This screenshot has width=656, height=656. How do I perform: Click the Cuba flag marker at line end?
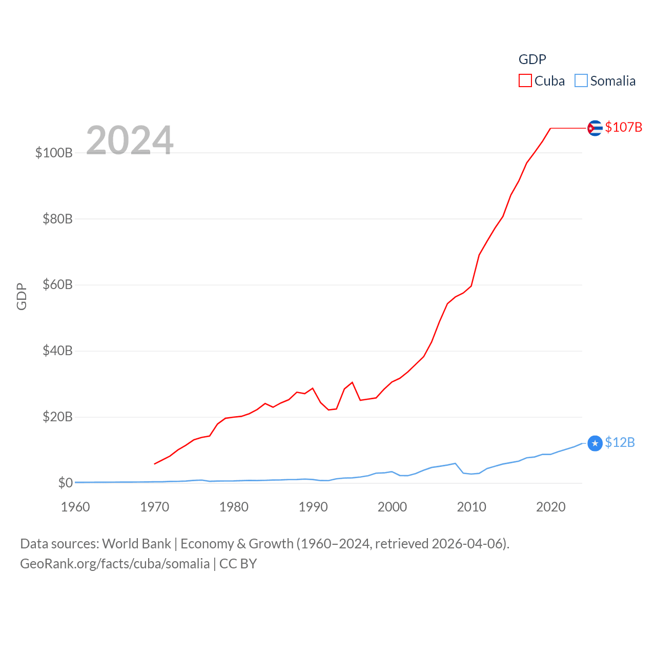594,128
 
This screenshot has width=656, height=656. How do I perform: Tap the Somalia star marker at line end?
594,443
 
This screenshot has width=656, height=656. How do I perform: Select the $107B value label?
623,127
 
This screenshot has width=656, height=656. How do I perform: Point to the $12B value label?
620,442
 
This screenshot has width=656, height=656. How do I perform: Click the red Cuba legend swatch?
525,81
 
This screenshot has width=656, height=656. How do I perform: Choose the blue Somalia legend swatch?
581,81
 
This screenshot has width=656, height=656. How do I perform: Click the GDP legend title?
532,59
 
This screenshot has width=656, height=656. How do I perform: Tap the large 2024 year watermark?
130,140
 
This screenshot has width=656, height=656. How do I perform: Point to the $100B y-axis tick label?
54,153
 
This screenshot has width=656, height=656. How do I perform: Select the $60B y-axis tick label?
57,285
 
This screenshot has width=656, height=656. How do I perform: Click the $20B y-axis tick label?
57,417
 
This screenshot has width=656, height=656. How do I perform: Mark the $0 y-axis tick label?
65,483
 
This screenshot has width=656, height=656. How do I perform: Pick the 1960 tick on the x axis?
75,507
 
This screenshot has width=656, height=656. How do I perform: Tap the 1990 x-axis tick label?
313,507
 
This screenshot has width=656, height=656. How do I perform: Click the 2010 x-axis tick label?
471,507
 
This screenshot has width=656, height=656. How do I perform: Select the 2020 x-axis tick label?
550,507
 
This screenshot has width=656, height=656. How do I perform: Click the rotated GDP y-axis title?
22,296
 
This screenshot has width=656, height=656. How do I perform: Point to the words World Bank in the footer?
136,544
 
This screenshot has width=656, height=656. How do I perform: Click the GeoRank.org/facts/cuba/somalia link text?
115,564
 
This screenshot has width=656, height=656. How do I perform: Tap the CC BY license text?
238,564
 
